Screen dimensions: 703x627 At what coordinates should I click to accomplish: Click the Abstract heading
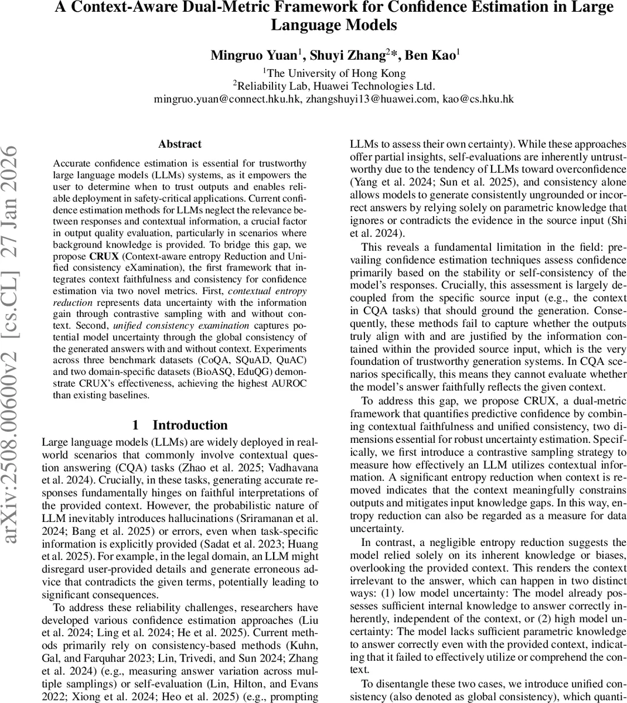point(180,144)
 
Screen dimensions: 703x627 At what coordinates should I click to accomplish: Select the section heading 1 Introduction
point(180,425)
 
